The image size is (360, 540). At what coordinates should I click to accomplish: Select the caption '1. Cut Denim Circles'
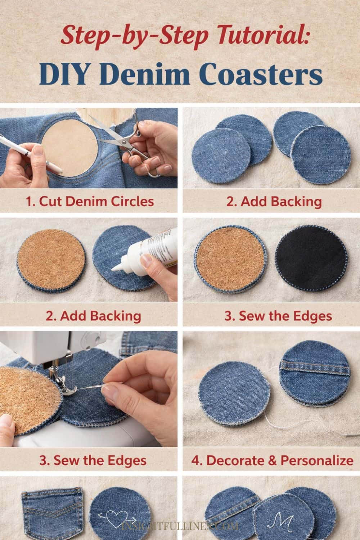coord(90,201)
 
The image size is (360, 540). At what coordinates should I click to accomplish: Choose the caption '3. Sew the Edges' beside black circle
coord(278,316)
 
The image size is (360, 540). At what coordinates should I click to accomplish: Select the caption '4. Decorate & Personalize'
coord(272,460)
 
